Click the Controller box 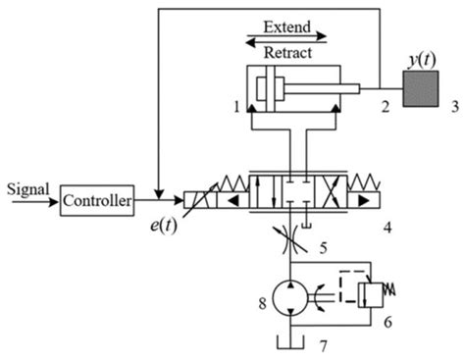(x=96, y=200)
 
